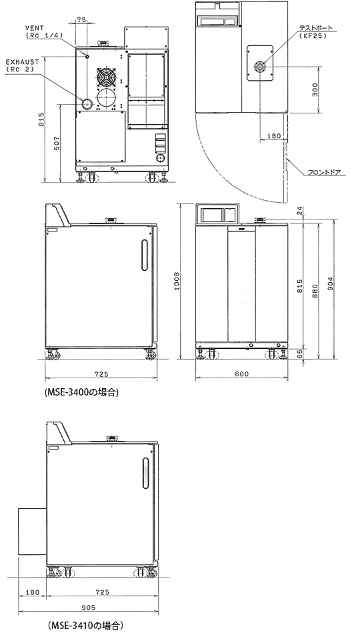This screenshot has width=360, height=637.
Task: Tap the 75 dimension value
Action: click(81, 19)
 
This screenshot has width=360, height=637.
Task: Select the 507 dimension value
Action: click(57, 143)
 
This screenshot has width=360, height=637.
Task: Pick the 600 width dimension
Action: click(241, 374)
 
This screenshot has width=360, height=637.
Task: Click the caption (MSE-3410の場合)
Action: click(85, 625)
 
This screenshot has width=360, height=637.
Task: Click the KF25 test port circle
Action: click(260, 66)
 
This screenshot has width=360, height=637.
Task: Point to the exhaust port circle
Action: click(87, 103)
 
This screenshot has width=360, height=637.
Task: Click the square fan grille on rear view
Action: click(107, 77)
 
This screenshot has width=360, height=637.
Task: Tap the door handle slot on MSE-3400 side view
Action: click(145, 255)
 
